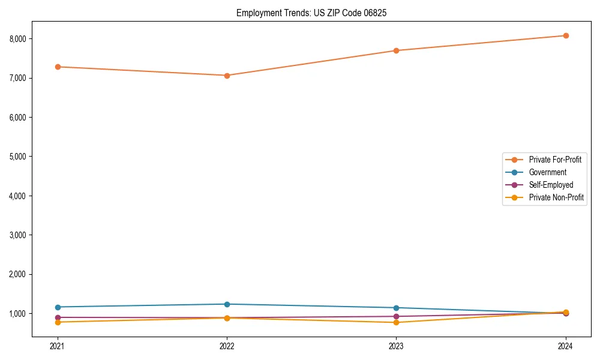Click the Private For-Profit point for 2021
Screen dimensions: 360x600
58,67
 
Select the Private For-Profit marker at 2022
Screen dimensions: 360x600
227,76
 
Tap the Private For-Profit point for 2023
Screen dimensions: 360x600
397,50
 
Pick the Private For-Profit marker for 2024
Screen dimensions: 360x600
566,35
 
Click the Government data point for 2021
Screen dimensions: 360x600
58,307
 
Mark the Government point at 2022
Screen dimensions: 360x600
227,304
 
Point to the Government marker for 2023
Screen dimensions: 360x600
397,308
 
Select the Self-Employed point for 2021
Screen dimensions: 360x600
58,317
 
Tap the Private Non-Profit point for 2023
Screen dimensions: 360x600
397,323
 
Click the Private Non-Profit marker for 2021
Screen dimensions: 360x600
58,322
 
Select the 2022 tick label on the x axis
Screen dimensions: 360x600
227,346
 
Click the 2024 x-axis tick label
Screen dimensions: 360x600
566,346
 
